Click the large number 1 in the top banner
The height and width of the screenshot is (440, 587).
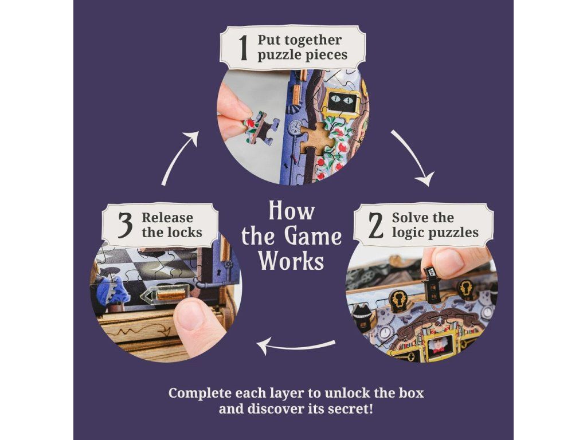click(243, 48)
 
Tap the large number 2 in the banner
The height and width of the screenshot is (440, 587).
click(376, 225)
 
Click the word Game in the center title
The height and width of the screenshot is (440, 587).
click(315, 236)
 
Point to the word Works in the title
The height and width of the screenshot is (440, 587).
click(291, 261)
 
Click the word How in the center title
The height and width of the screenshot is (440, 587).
click(292, 211)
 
